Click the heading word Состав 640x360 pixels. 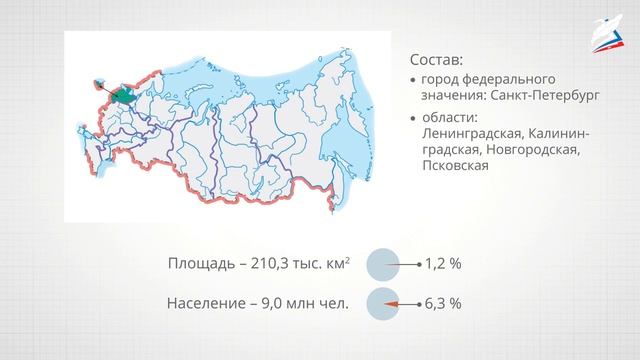435,57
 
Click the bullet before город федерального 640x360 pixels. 414,80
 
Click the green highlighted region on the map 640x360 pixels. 122,95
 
